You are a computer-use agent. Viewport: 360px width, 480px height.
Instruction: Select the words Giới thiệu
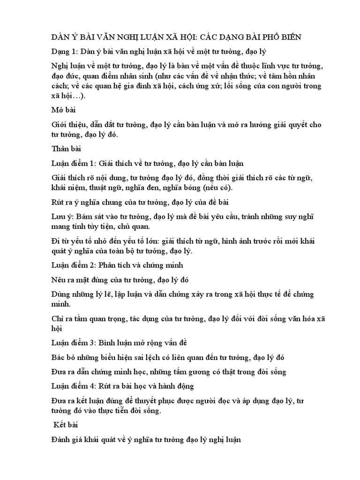click(x=68, y=125)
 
